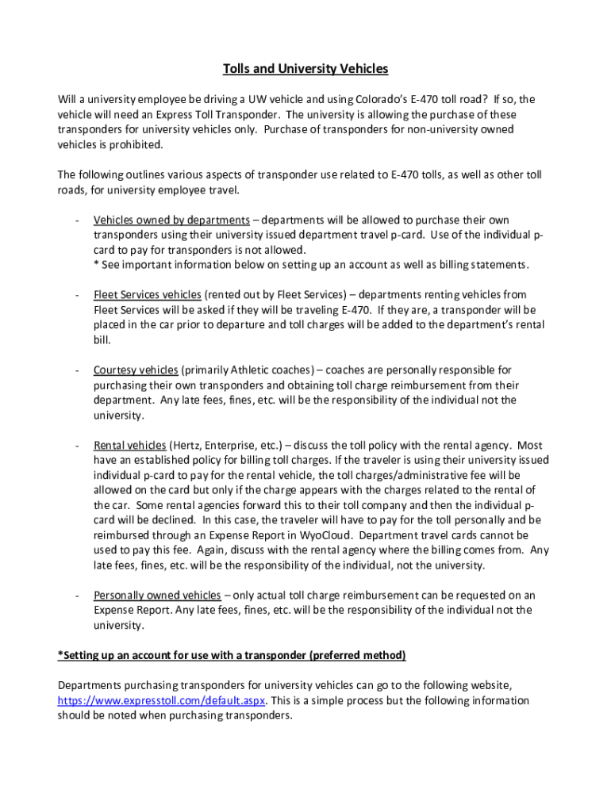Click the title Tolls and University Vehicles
305,69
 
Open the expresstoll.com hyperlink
162,700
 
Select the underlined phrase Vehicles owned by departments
171,220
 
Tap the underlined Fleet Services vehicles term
147,294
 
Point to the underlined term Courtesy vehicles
136,370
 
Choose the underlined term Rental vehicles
129,445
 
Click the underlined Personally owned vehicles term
157,595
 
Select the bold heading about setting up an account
232,655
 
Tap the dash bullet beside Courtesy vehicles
76,370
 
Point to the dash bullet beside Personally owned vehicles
76,595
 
